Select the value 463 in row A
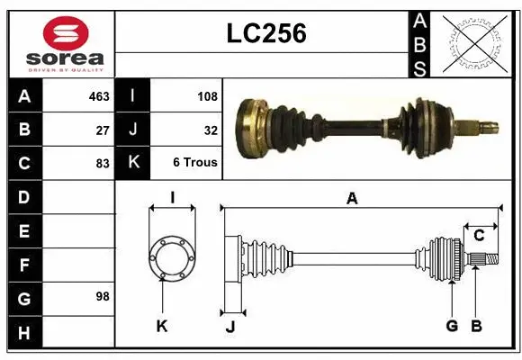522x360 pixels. pos(99,94)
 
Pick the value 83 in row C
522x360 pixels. pos(103,163)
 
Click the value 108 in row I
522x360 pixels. pos(207,94)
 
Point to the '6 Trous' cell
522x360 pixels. pos(195,163)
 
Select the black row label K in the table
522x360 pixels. pos(132,163)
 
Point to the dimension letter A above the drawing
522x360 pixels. pos(352,200)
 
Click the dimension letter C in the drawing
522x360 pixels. pos(479,236)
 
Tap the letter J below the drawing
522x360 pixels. pos(229,327)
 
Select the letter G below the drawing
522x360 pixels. pos(452,326)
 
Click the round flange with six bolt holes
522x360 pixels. pos(171,258)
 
